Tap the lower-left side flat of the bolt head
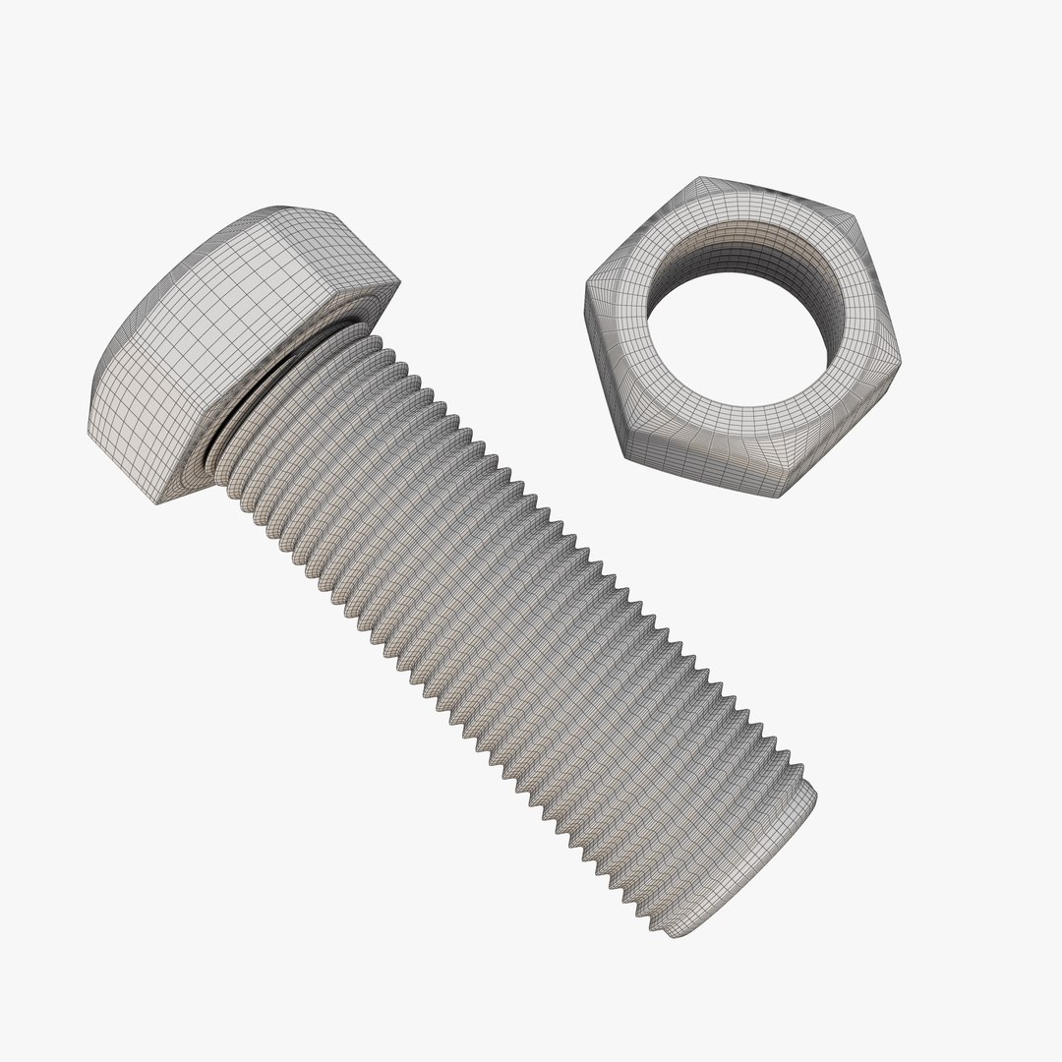pos(128,423)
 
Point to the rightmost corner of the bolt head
pos(399,285)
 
